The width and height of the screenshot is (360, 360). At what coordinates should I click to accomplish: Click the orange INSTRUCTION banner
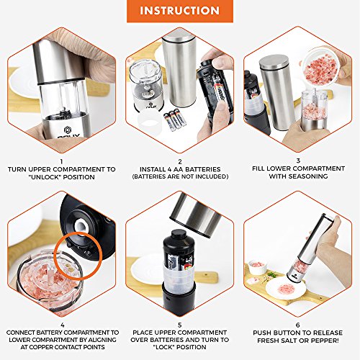point(179,11)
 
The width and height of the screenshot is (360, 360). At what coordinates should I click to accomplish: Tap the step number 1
point(61,162)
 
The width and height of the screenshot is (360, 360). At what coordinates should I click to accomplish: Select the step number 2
point(180,162)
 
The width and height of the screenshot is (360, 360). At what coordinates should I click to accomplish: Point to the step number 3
point(298,162)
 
